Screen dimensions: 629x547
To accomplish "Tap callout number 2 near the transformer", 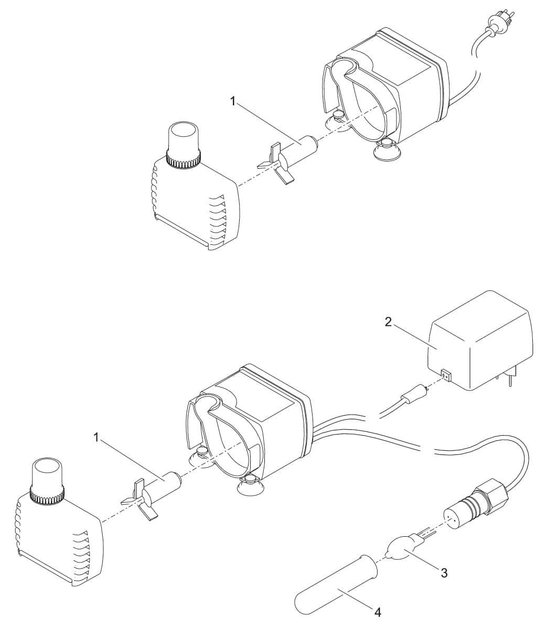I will point(388,322).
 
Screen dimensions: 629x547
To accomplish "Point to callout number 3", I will point(444,573).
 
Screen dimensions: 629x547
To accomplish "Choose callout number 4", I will point(377,612).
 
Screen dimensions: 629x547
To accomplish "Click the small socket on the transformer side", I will point(446,375).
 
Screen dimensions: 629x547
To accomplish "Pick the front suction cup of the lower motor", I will point(249,487).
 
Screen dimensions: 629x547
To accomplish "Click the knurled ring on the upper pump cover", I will point(183,158).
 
